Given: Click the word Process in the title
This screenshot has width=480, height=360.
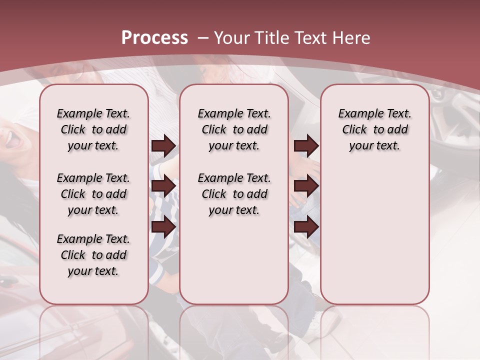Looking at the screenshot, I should coord(154,38).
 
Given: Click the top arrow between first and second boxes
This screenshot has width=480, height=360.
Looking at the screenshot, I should coord(163,145).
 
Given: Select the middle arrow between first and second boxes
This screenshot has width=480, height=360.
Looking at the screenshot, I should coord(163,186).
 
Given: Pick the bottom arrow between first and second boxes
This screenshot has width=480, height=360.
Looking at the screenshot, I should coord(163,227).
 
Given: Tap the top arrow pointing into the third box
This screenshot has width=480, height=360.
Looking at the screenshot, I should coord(306,145).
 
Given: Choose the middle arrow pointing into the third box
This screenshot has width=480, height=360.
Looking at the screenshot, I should coord(306,186).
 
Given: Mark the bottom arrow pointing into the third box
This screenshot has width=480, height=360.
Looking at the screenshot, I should coord(306,227).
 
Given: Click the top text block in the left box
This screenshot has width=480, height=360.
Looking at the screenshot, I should coord(93,129).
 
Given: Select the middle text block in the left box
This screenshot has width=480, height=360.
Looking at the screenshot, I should coord(93,194).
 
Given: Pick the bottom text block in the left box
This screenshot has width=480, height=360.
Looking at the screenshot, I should coord(93,255).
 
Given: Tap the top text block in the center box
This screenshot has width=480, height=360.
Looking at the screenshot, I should coord(234,129).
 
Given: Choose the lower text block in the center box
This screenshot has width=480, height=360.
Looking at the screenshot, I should coord(234,194).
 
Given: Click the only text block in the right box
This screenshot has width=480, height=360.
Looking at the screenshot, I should coord(374,129).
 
